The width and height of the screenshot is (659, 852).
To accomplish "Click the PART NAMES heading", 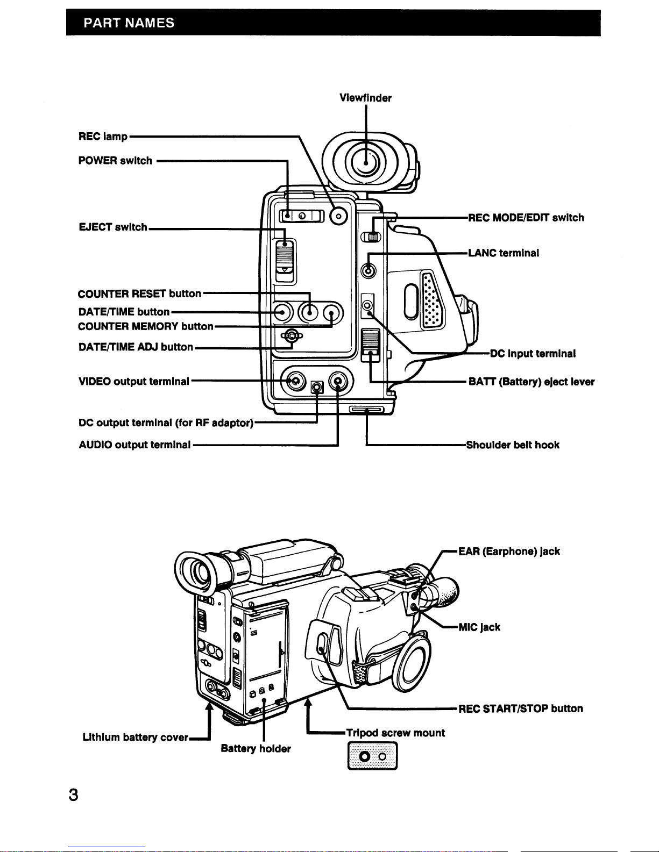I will tap(129, 23).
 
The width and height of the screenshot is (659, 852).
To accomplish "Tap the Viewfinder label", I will tap(365, 98).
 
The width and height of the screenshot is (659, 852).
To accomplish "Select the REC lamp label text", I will tap(103, 137).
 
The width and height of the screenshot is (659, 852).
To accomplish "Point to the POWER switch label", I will tap(115, 161).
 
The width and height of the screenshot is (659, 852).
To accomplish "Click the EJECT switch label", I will tap(112, 227).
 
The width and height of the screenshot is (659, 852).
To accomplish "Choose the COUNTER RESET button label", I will tap(139, 294).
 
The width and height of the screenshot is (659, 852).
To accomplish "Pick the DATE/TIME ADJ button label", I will tap(135, 347).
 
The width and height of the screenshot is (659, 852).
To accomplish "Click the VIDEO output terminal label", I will tap(133, 382).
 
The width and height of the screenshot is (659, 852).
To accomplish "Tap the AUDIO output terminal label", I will tap(134, 445).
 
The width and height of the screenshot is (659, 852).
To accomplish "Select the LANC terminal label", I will tap(504, 253).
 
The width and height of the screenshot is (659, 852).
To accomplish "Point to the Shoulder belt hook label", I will tap(513, 445).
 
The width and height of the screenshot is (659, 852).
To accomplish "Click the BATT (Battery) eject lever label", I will tap(531, 382).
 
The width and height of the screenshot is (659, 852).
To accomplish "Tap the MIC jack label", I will tap(479, 627).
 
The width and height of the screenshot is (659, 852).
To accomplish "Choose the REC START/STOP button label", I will tap(520, 708).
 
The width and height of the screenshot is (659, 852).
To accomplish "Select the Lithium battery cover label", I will tap(135, 738).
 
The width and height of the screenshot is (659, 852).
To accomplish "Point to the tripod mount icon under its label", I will tap(372, 756).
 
